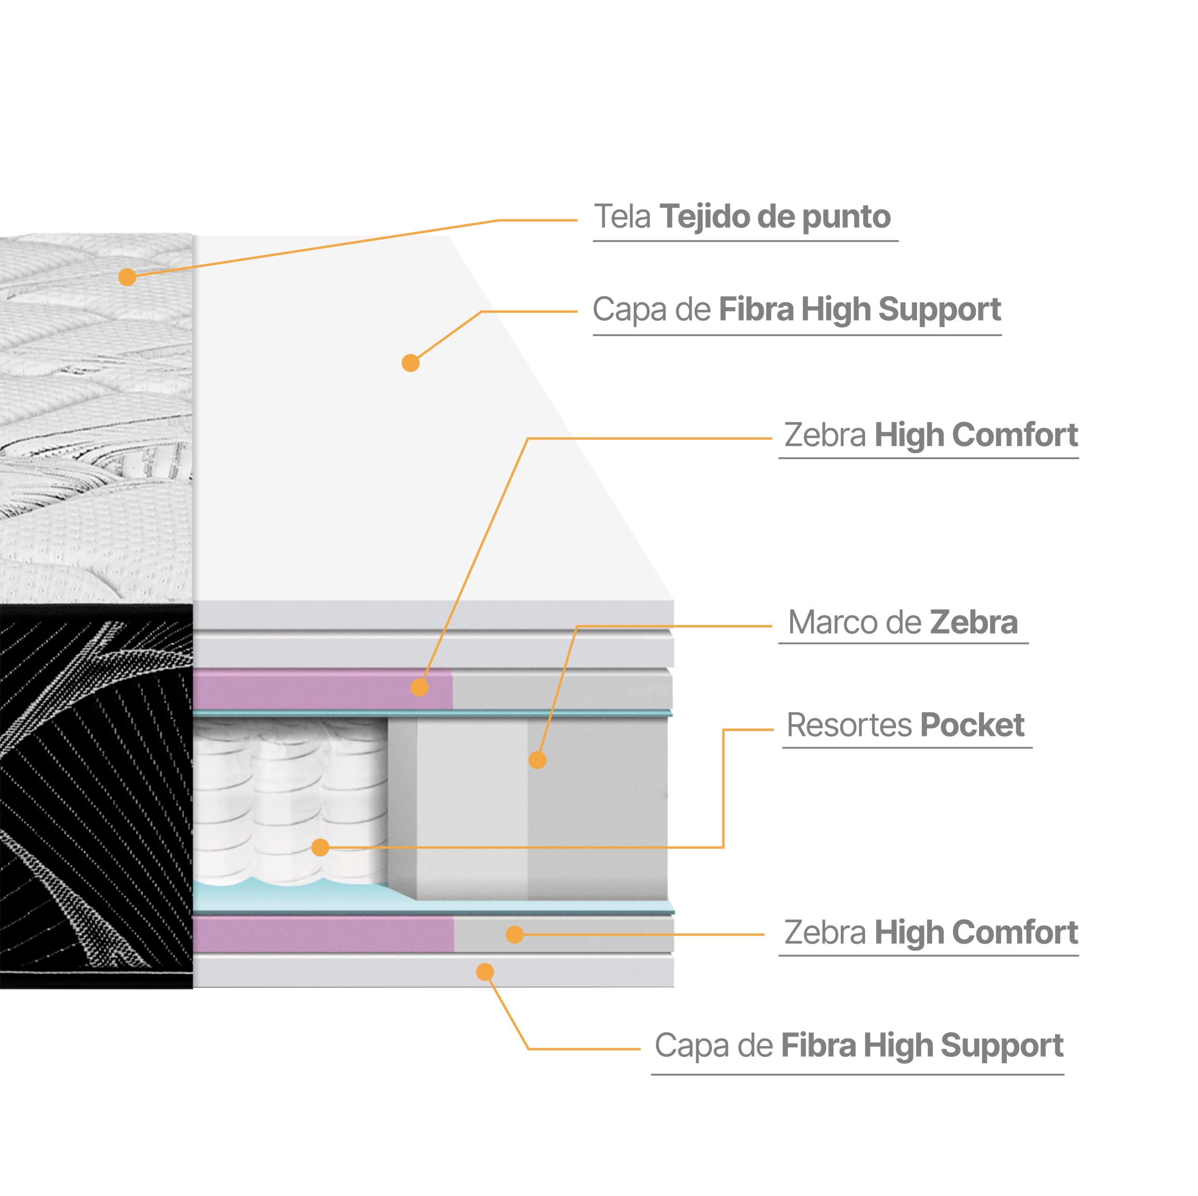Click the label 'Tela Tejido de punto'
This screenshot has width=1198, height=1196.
click(x=742, y=217)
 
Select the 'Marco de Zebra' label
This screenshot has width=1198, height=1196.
click(x=903, y=622)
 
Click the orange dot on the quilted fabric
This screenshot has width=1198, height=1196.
click(x=127, y=277)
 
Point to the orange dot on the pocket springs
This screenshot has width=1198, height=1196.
click(x=320, y=847)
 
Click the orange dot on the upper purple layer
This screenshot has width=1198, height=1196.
click(x=420, y=687)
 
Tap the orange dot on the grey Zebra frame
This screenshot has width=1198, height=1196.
click(x=537, y=760)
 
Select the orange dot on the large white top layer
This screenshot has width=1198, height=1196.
click(x=410, y=363)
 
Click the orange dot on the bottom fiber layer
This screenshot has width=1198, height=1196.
click(x=485, y=972)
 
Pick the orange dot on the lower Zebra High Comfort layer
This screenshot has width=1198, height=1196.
click(x=515, y=935)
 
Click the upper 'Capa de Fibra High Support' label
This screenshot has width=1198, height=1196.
click(x=797, y=310)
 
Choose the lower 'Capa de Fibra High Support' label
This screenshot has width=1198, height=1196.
click(x=859, y=1046)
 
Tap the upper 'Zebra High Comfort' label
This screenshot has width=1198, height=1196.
click(x=931, y=435)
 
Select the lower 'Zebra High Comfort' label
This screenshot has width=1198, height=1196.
click(x=931, y=933)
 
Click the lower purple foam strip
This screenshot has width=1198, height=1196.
click(x=322, y=935)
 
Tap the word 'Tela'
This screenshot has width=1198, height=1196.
click(x=622, y=217)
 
